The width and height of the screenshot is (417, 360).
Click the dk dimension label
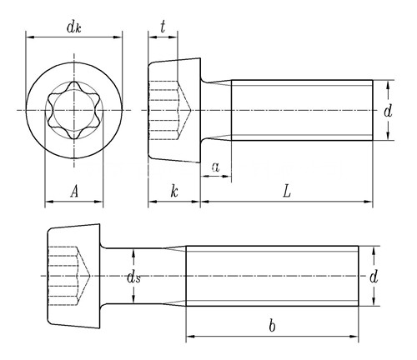(74, 27)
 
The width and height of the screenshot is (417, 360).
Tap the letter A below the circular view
(74, 192)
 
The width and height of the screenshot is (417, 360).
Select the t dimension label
(163, 27)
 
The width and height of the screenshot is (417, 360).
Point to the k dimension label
(174, 192)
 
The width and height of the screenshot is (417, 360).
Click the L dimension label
(287, 192)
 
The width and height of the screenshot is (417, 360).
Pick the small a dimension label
(216, 167)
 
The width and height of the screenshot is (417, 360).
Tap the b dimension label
(272, 326)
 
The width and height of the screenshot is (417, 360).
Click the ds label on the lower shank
(133, 277)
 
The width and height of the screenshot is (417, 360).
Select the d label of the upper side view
(388, 111)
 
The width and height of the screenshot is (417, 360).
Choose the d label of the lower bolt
(374, 277)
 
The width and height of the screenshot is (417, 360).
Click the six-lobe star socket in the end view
(74, 110)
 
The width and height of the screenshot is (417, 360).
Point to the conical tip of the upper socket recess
(191, 110)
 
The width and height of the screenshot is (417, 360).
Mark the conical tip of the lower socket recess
(90, 276)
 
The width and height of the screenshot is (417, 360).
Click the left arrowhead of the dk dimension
(30, 37)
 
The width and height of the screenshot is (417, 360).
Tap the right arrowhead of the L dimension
(368, 202)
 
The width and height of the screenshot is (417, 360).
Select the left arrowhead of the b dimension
(190, 337)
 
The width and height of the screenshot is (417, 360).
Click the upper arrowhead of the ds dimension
(133, 253)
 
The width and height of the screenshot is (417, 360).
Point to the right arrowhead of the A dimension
(98, 202)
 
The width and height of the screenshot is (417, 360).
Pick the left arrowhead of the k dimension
(153, 202)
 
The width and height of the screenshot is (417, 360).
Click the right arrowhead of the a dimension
(227, 176)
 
